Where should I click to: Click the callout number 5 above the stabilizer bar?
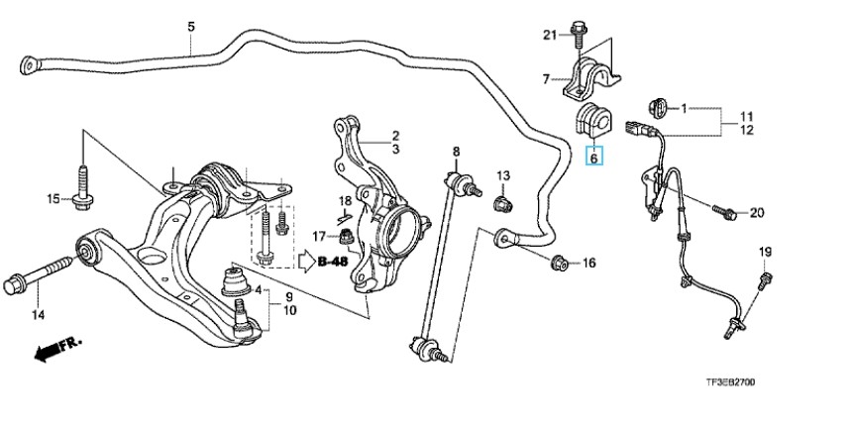191,25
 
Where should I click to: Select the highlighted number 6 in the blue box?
594,157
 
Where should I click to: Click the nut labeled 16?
559,263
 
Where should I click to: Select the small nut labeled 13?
501,204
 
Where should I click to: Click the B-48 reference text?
334,262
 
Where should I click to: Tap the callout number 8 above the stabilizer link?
457,152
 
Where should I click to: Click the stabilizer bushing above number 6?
594,120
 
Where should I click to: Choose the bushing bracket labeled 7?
589,73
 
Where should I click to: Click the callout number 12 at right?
747,130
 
